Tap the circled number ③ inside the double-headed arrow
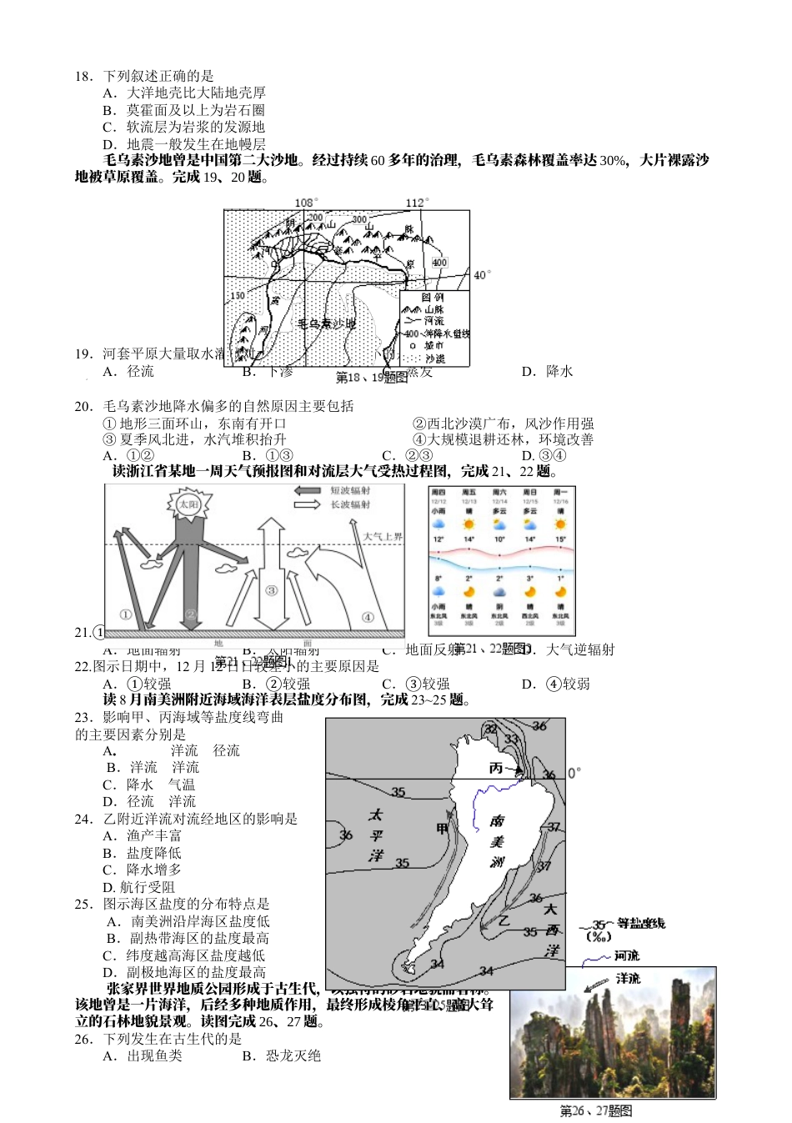tap(271, 590)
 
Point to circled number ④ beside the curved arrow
tap(368, 617)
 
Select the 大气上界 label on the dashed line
tap(383, 536)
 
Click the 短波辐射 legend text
tap(350, 491)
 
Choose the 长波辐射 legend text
tap(350, 504)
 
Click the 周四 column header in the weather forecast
tap(439, 494)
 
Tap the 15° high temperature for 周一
tap(560, 539)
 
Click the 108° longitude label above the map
tap(306, 203)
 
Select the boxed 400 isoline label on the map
tap(439, 262)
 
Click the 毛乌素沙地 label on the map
tap(327, 323)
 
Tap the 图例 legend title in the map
tap(433, 297)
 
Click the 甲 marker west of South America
tap(443, 828)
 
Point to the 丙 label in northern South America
tap(497, 768)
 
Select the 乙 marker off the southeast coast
tap(504, 920)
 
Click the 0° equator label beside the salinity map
tap(574, 773)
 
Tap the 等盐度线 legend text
tap(641, 923)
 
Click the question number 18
tap(83, 76)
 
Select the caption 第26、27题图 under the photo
tap(595, 1110)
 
